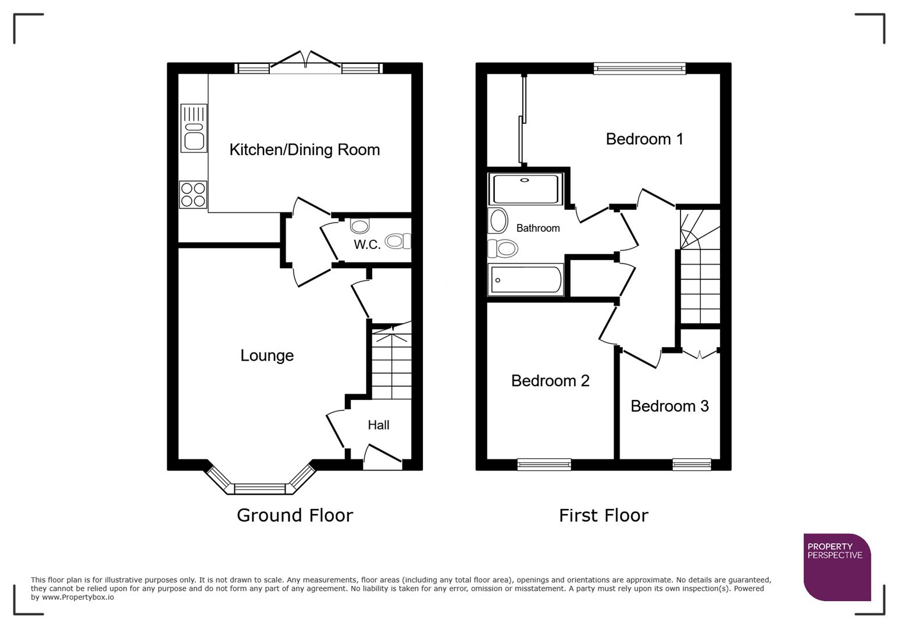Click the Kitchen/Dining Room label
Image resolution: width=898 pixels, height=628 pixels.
click(x=304, y=150)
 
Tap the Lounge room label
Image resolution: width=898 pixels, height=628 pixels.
click(x=267, y=355)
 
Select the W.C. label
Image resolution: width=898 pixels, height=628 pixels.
click(x=367, y=245)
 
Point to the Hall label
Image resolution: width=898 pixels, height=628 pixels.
click(x=378, y=425)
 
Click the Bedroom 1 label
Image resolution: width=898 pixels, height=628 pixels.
click(x=644, y=139)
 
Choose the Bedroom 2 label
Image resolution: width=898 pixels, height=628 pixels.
click(x=550, y=381)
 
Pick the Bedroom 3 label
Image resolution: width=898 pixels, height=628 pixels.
click(x=669, y=406)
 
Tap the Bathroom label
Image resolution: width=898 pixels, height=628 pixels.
click(x=538, y=229)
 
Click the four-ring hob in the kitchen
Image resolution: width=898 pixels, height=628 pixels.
click(x=193, y=194)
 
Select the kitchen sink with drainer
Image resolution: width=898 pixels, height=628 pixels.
click(x=194, y=128)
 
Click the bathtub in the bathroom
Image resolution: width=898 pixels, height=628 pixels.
click(x=526, y=280)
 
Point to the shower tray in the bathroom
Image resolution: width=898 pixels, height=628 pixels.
click(x=526, y=188)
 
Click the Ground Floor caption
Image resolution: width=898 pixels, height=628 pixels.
click(x=295, y=515)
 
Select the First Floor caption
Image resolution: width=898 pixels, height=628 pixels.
click(x=603, y=515)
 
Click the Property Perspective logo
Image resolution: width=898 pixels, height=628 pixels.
click(x=836, y=566)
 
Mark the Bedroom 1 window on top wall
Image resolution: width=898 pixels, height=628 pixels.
click(x=640, y=69)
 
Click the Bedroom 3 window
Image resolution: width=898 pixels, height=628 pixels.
click(x=692, y=464)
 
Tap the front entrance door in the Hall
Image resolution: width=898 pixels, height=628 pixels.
click(x=383, y=456)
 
